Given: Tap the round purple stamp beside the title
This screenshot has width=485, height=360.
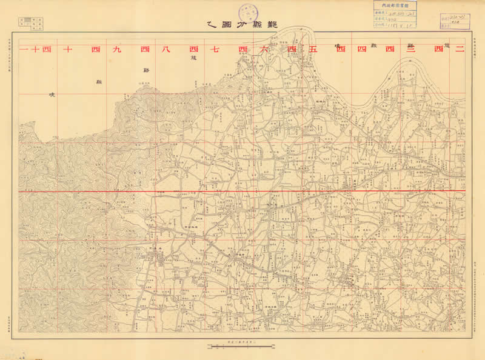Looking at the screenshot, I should coord(247,12).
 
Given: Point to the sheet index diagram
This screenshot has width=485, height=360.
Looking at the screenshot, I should coord(32,24).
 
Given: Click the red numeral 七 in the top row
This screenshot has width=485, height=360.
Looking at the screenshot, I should coord(218,50).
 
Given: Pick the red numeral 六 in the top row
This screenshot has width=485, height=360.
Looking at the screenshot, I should coord(267,50).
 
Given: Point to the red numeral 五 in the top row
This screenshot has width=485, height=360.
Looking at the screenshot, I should coord(315,50).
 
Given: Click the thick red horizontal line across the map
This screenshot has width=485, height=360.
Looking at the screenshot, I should coord(242,191).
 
